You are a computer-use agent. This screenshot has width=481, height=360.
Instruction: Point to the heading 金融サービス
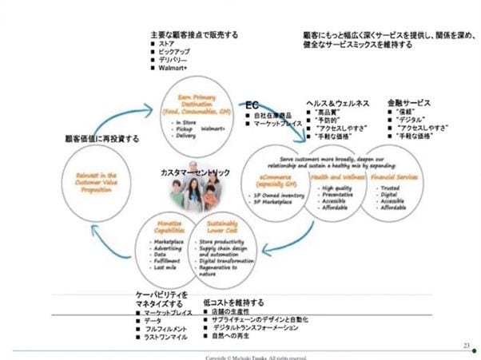[408, 104]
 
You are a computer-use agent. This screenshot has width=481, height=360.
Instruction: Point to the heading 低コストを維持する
[233, 303]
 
